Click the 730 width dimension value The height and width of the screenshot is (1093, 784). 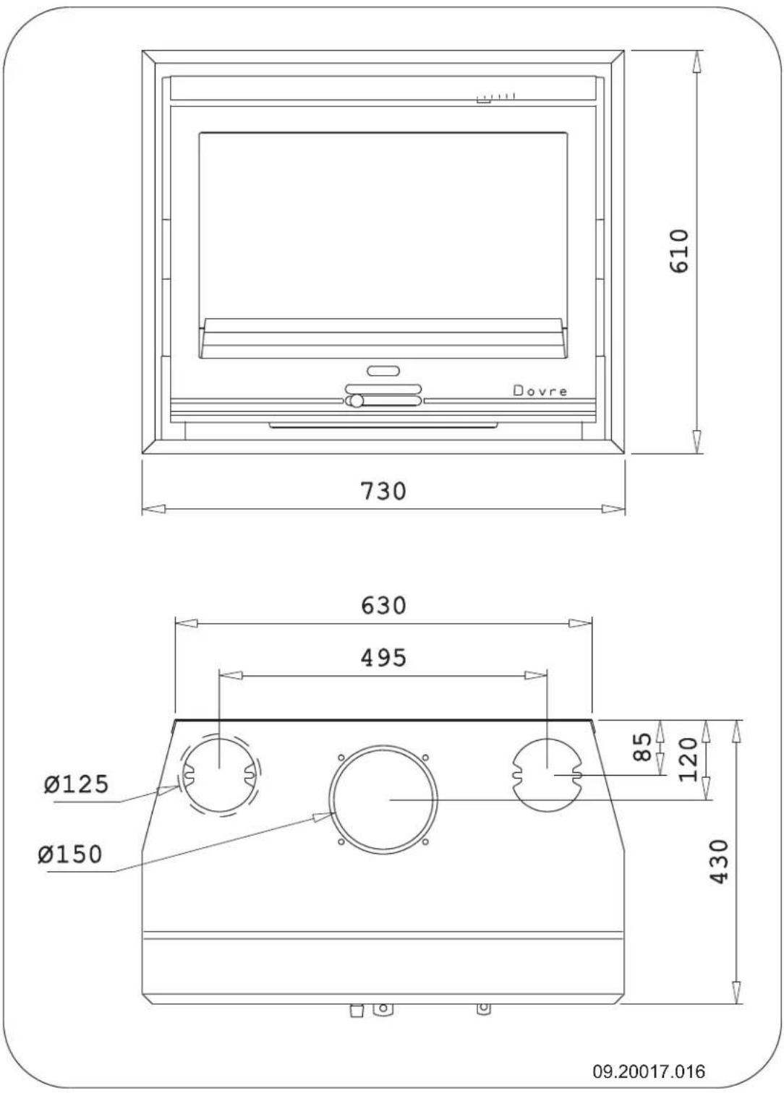[383, 491]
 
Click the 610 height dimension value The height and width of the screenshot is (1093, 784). [680, 251]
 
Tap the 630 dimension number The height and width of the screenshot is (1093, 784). [383, 605]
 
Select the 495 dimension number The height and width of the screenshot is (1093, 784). [383, 658]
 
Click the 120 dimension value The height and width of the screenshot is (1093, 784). [689, 759]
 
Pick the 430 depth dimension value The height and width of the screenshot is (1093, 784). [719, 861]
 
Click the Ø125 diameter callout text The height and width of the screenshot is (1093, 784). [76, 784]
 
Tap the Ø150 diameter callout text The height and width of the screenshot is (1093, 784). [70, 854]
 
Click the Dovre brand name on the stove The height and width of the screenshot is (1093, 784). [540, 391]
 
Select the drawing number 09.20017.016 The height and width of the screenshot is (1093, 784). [649, 1071]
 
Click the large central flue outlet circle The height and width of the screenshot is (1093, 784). [383, 800]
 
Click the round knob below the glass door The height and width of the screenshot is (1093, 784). [355, 401]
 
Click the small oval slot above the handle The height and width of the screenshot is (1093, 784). [383, 371]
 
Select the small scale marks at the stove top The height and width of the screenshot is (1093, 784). [496, 97]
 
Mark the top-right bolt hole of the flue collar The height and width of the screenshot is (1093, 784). [426, 757]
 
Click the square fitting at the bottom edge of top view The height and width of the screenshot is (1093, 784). [357, 1010]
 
